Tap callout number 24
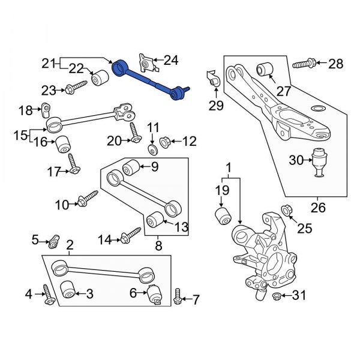pyautogui.click(x=171, y=60)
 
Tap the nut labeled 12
pyautogui.click(x=166, y=142)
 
